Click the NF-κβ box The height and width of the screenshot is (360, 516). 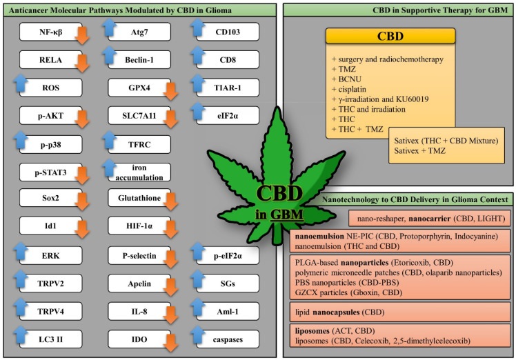[50, 32]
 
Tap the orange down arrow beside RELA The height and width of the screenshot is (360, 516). [82, 63]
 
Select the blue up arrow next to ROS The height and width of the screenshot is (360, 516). [21, 83]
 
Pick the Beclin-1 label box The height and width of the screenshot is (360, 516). [139, 59]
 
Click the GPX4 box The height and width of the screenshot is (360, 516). [139, 88]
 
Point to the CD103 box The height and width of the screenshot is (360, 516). [228, 32]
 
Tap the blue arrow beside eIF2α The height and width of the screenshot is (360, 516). [197, 111]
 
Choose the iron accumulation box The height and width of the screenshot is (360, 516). [139, 172]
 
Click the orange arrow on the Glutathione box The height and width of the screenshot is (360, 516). [171, 201]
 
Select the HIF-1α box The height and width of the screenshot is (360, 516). [139, 226]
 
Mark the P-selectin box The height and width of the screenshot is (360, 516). [139, 255]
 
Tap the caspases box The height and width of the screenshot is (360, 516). [228, 339]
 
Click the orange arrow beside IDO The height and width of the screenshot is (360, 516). [171, 343]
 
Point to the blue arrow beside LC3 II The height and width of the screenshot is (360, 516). [21, 334]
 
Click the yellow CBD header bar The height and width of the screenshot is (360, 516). [390, 36]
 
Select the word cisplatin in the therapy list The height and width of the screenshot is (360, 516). [352, 89]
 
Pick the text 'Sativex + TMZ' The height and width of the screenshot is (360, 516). [420, 151]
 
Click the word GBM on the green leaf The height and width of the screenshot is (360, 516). [286, 214]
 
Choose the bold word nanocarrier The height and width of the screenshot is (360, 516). [430, 219]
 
